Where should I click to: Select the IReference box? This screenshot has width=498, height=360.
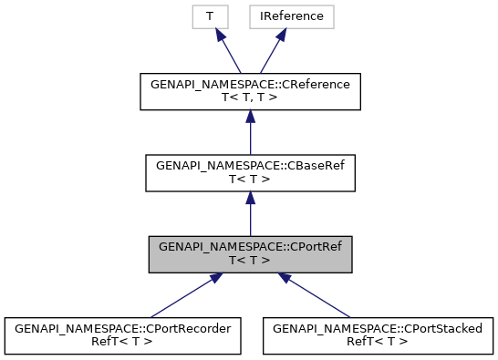[x=279, y=16]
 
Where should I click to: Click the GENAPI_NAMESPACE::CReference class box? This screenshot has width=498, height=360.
[x=249, y=93]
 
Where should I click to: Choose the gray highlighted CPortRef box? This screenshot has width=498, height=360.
[x=249, y=253]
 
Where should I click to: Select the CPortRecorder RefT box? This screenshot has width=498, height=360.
[x=123, y=334]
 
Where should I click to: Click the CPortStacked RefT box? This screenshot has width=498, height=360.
[x=379, y=334]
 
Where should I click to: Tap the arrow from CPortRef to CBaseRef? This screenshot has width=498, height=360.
[x=249, y=215]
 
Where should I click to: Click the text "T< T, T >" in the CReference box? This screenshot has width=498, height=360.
[x=249, y=100]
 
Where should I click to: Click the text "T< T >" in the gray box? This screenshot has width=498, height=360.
[x=249, y=261]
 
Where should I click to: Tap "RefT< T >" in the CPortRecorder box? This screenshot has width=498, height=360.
[x=123, y=342]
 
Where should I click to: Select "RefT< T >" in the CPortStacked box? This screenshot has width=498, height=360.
[x=379, y=342]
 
